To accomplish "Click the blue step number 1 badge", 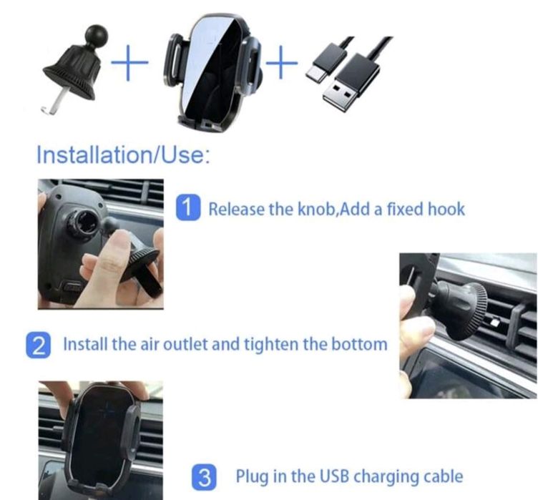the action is pos(188,208).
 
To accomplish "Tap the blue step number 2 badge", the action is pos(38,345).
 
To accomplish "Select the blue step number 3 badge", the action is pos(204,477).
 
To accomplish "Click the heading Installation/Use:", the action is pos(124,154).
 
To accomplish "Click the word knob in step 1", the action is pos(316,209).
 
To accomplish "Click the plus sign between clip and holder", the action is pos(129,62).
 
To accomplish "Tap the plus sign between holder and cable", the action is pos(281,62).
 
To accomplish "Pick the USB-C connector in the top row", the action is pos(326,62).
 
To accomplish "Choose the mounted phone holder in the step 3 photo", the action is pos(102,438).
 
